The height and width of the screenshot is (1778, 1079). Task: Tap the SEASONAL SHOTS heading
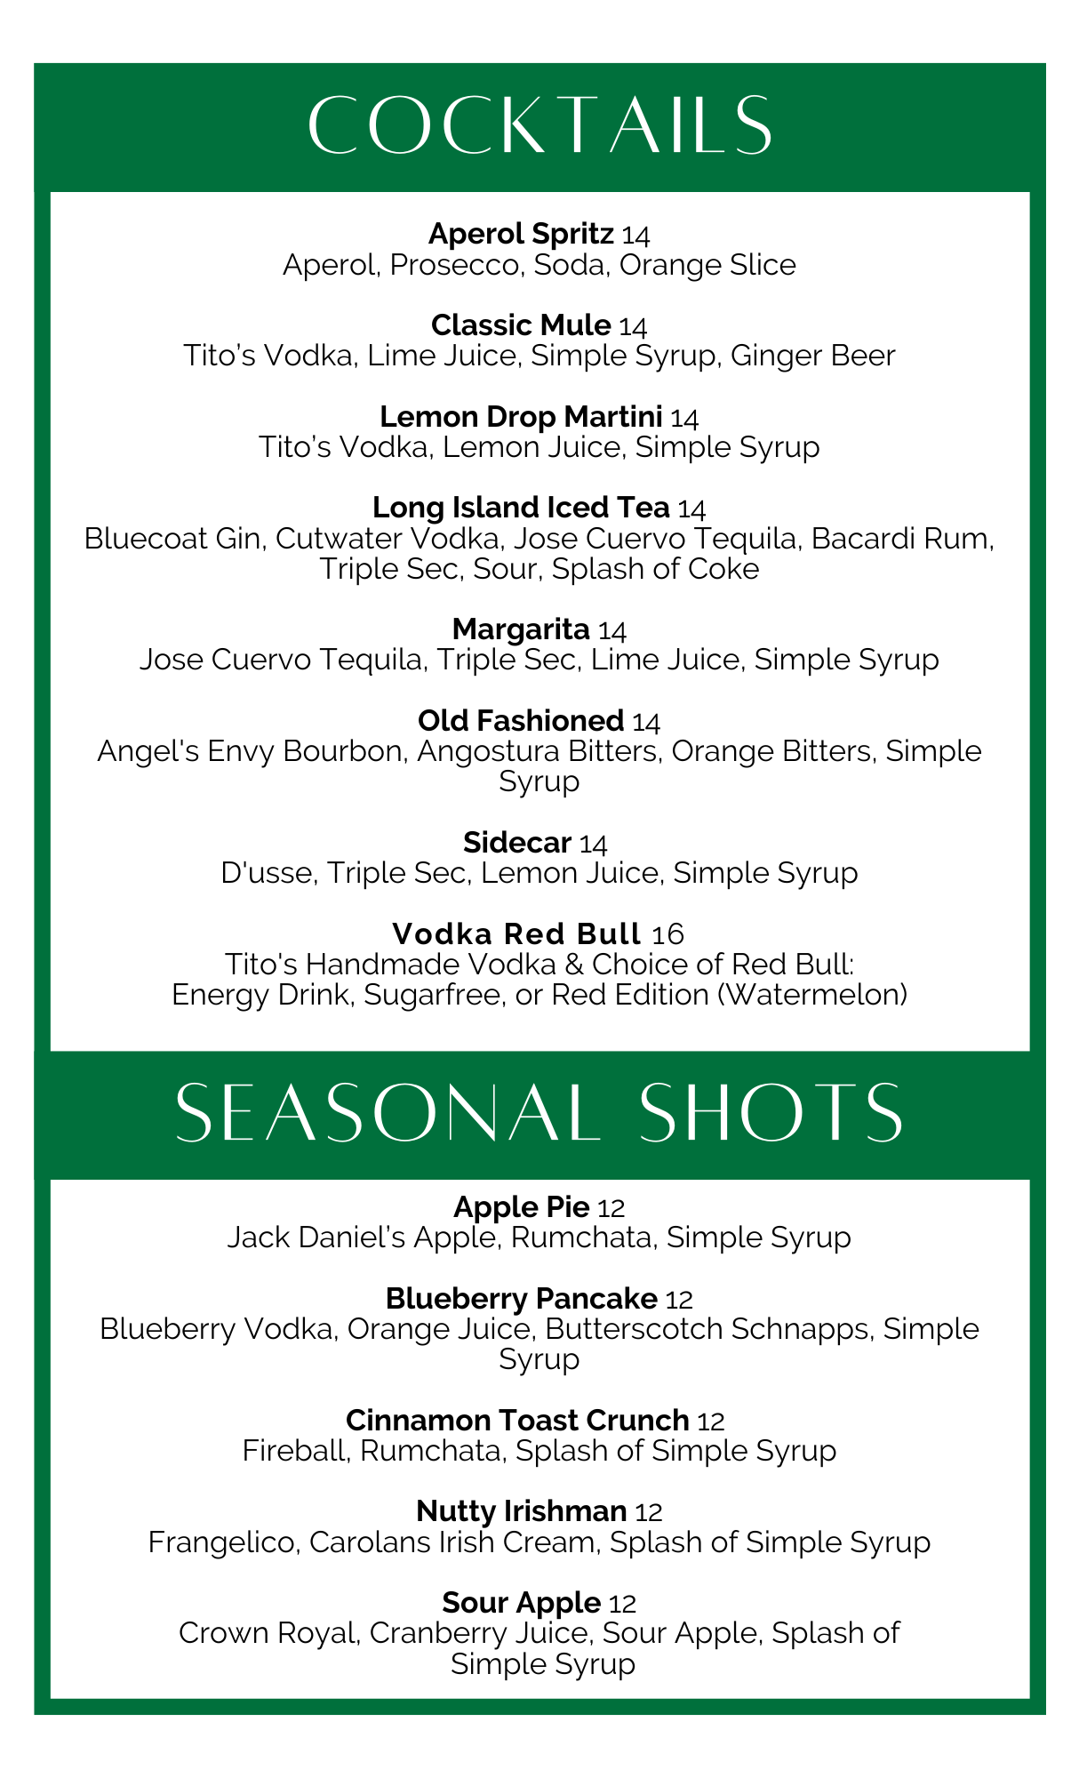coord(539,1113)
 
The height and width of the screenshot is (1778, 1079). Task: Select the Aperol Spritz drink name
coord(521,234)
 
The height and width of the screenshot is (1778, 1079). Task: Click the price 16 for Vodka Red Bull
coord(667,934)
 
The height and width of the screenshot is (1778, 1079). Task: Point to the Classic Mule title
coord(521,325)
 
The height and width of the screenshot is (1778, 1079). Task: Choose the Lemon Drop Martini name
coord(521,416)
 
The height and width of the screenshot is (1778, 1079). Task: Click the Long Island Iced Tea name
coord(521,508)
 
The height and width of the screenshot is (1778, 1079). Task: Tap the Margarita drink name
coord(521,629)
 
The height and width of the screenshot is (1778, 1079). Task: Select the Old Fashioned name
coord(521,720)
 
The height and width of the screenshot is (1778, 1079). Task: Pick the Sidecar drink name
coord(517,842)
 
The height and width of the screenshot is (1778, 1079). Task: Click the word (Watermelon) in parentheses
coord(811,994)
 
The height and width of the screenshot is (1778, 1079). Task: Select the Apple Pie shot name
coord(522,1207)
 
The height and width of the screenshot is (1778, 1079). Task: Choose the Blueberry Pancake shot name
coord(522,1299)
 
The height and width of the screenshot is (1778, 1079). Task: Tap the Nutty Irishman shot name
coord(522,1511)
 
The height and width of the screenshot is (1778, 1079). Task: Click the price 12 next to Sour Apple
coord(623,1604)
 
